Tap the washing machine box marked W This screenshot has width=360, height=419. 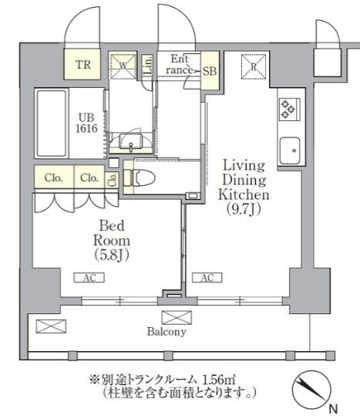click(x=123, y=66)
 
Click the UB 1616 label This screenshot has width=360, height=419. click(x=85, y=123)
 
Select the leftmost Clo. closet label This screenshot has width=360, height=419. click(x=53, y=178)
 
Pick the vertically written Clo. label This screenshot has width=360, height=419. click(x=113, y=179)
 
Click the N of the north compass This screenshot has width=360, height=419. click(x=332, y=407)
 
